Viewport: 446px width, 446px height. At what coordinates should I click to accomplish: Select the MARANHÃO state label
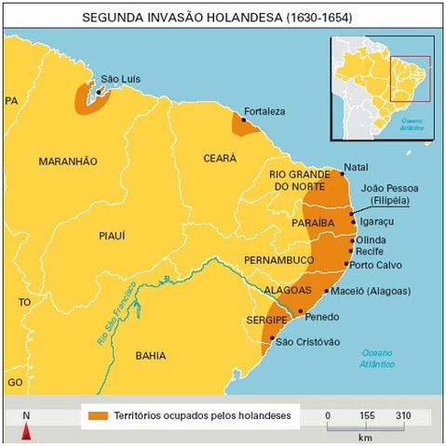coord(68,162)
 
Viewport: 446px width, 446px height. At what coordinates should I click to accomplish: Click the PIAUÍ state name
coord(112,237)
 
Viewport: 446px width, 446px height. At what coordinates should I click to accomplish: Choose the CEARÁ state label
coord(220,158)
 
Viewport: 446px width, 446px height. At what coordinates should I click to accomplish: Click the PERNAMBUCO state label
coord(279,259)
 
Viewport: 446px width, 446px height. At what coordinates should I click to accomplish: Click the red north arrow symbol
coord(27,430)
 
